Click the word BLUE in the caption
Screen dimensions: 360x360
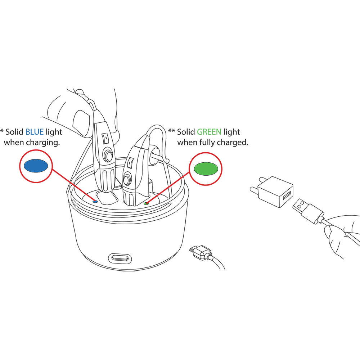click(x=35, y=132)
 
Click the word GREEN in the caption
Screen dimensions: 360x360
click(x=209, y=132)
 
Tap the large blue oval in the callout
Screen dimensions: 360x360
click(x=36, y=166)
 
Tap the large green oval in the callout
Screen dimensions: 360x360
click(x=206, y=168)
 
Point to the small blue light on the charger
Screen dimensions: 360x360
click(x=95, y=202)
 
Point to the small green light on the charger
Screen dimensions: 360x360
click(x=146, y=203)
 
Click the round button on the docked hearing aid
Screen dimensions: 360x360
click(x=127, y=179)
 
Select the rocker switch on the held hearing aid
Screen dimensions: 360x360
click(x=105, y=138)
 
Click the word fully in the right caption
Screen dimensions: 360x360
click(x=208, y=143)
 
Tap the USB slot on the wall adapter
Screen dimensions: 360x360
click(x=287, y=195)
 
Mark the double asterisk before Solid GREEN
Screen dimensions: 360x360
click(x=171, y=131)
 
